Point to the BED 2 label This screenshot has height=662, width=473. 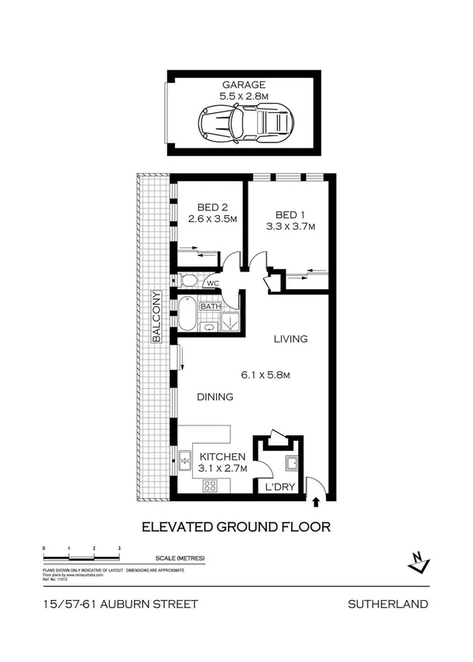(x=211, y=207)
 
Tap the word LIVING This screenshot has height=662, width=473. (x=290, y=339)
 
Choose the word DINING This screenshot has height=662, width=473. (x=214, y=398)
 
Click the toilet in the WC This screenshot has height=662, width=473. (x=187, y=281)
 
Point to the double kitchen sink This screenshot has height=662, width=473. (x=186, y=462)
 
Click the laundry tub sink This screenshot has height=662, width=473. (x=293, y=463)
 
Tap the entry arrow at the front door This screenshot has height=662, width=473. (x=316, y=502)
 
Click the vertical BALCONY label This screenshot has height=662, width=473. (x=156, y=317)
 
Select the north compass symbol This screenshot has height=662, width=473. (x=418, y=562)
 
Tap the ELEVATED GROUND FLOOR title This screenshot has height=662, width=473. (x=235, y=527)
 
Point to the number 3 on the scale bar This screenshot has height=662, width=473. (x=118, y=548)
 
